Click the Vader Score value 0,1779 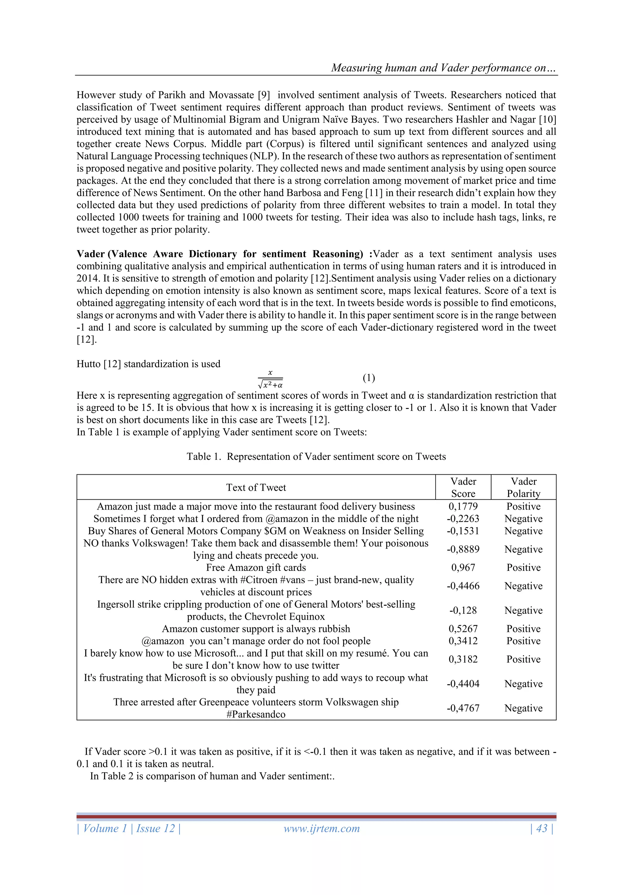463,506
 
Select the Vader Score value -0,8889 463,549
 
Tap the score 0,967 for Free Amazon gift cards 463,567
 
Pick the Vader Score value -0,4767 463,708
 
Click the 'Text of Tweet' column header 256,488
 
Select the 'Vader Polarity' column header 524,488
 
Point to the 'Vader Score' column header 463,488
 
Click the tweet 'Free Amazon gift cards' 256,567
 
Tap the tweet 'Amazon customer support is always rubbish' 256,629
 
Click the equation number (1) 369,378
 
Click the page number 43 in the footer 542,828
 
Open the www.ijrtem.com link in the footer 321,828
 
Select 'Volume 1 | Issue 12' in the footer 129,828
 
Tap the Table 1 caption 316,456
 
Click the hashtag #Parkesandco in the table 256,715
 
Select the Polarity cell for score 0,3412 524,641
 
